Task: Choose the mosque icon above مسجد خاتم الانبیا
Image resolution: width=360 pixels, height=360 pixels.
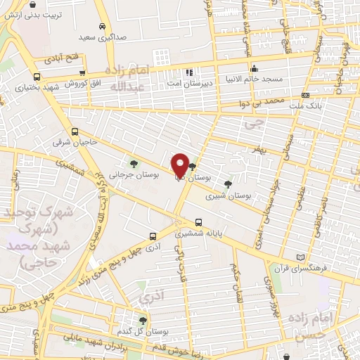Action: point(254,69)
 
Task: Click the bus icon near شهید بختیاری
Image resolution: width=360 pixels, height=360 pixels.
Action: point(37,77)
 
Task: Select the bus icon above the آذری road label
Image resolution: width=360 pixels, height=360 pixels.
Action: point(153,237)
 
